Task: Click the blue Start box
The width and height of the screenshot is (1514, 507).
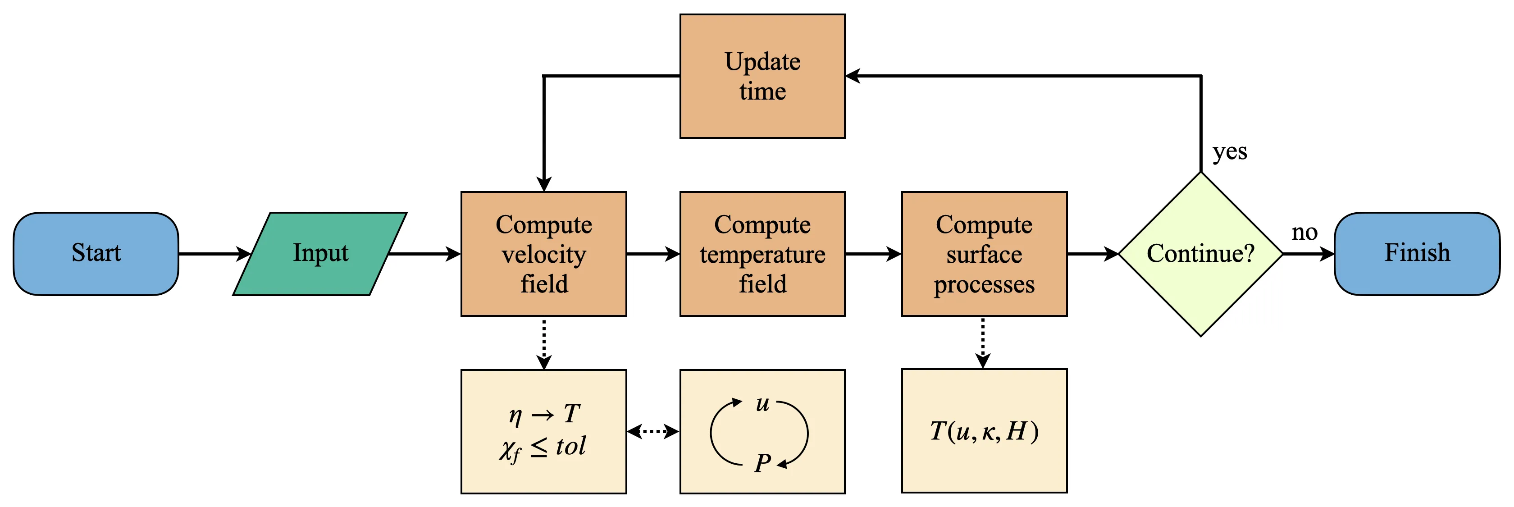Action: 96,253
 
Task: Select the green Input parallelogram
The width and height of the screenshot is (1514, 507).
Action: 320,253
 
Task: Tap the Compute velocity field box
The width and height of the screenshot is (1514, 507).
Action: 544,253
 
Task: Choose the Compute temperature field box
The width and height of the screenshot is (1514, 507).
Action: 762,253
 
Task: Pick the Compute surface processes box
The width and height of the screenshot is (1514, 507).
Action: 984,253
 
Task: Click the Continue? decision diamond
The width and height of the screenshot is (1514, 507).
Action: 1200,253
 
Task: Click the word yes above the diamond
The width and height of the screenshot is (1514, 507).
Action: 1230,152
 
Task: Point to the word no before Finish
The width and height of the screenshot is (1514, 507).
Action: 1304,233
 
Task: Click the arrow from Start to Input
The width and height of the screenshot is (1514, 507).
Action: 214,254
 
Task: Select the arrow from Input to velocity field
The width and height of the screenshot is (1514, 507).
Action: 424,254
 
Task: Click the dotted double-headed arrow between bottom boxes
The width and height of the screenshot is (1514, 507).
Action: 653,432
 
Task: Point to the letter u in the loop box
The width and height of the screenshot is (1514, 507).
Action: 762,404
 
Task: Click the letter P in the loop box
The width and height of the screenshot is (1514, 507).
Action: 762,463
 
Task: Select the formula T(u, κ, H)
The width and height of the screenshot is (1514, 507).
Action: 984,431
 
